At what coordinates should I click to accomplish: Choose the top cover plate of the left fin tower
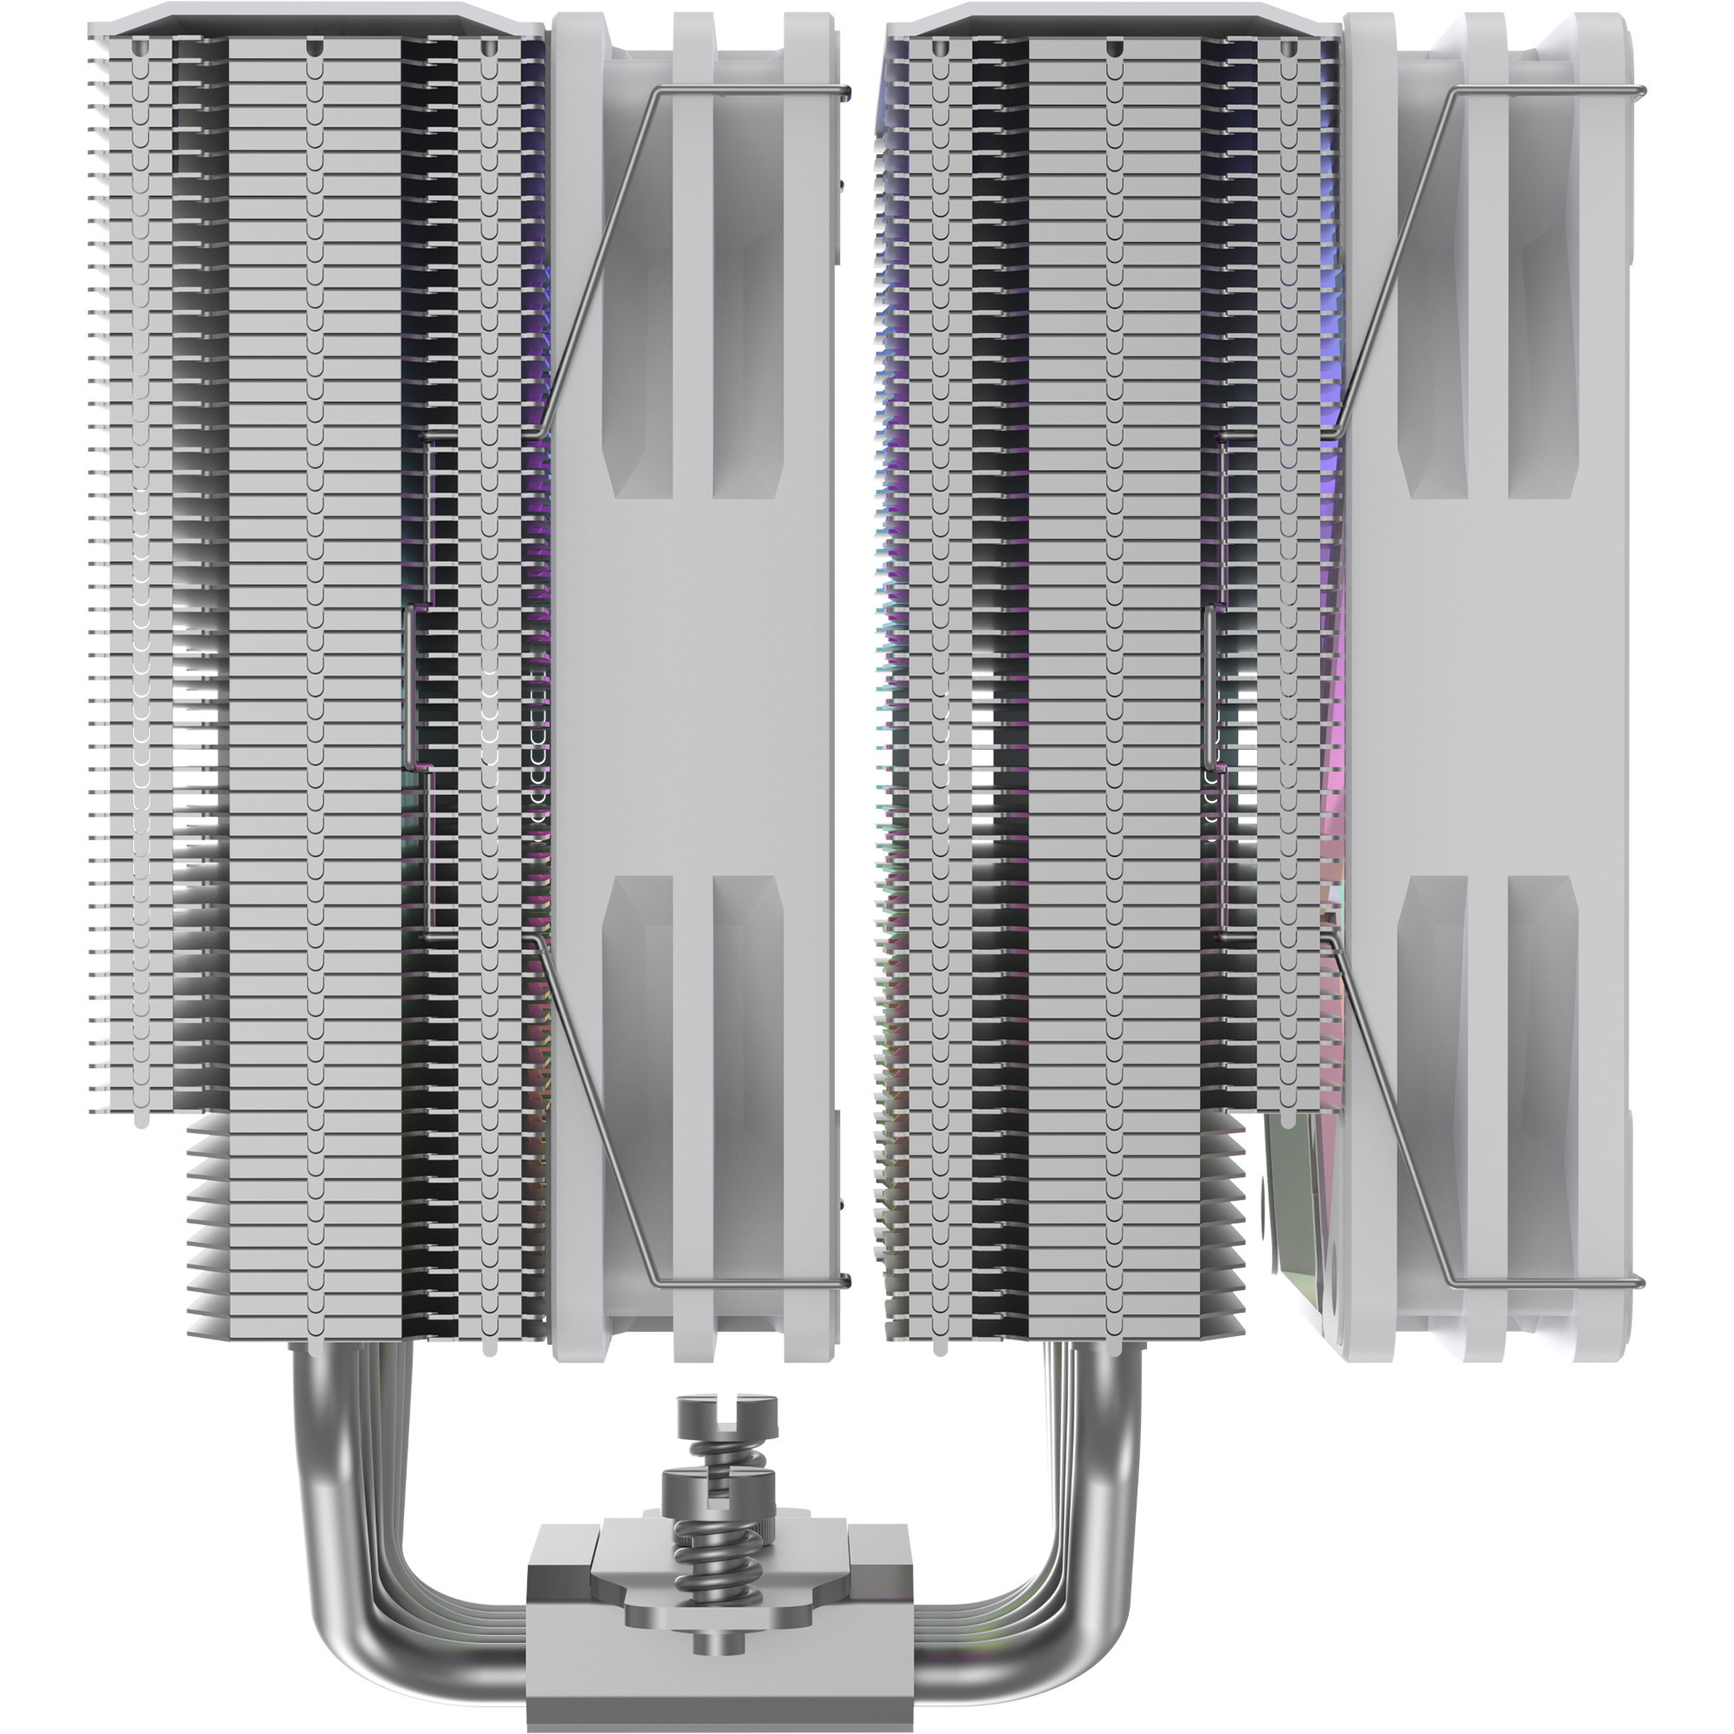coord(314,20)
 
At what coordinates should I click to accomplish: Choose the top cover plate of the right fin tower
coord(1113,20)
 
